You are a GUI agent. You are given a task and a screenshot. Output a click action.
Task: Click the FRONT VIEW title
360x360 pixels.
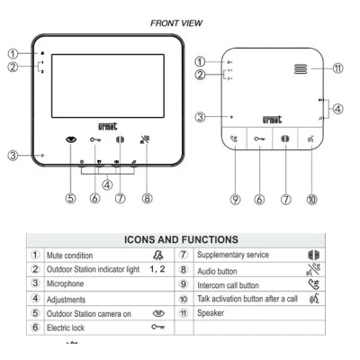point(176,23)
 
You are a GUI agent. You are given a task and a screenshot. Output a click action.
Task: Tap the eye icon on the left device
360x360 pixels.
point(71,139)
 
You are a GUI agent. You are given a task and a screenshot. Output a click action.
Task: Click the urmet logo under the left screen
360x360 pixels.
point(107,127)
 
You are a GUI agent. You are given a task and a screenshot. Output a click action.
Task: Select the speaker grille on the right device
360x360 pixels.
point(301,69)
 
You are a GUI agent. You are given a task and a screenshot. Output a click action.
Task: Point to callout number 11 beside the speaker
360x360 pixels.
point(337,68)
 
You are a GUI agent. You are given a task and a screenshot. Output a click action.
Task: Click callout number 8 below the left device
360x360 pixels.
point(147,198)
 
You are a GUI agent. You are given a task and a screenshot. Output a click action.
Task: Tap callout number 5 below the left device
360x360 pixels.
point(71,198)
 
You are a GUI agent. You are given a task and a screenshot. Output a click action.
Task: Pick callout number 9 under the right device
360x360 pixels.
point(235,199)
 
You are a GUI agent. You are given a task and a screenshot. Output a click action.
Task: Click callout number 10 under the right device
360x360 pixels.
point(312,199)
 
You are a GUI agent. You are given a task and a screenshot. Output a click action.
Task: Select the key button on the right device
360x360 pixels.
point(259,139)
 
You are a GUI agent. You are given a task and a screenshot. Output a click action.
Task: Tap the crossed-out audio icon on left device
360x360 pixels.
point(145,139)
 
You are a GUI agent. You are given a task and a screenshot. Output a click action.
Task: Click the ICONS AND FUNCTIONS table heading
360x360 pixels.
point(181,239)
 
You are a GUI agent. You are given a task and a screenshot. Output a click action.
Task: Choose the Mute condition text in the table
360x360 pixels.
point(69,256)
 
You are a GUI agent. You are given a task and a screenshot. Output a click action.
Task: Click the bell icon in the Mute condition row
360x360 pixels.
point(158,256)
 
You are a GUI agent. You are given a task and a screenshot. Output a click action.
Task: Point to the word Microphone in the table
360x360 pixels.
point(65,283)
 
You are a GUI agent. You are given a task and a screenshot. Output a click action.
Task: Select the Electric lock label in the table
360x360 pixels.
point(66,328)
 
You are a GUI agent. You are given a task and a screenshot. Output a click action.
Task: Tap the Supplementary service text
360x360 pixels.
point(233,255)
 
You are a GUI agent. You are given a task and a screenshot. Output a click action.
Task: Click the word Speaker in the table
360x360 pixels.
point(211,313)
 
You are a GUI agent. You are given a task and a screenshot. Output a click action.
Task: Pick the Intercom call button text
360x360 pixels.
point(228,285)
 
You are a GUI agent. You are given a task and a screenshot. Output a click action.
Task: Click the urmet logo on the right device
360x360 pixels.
point(272,120)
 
